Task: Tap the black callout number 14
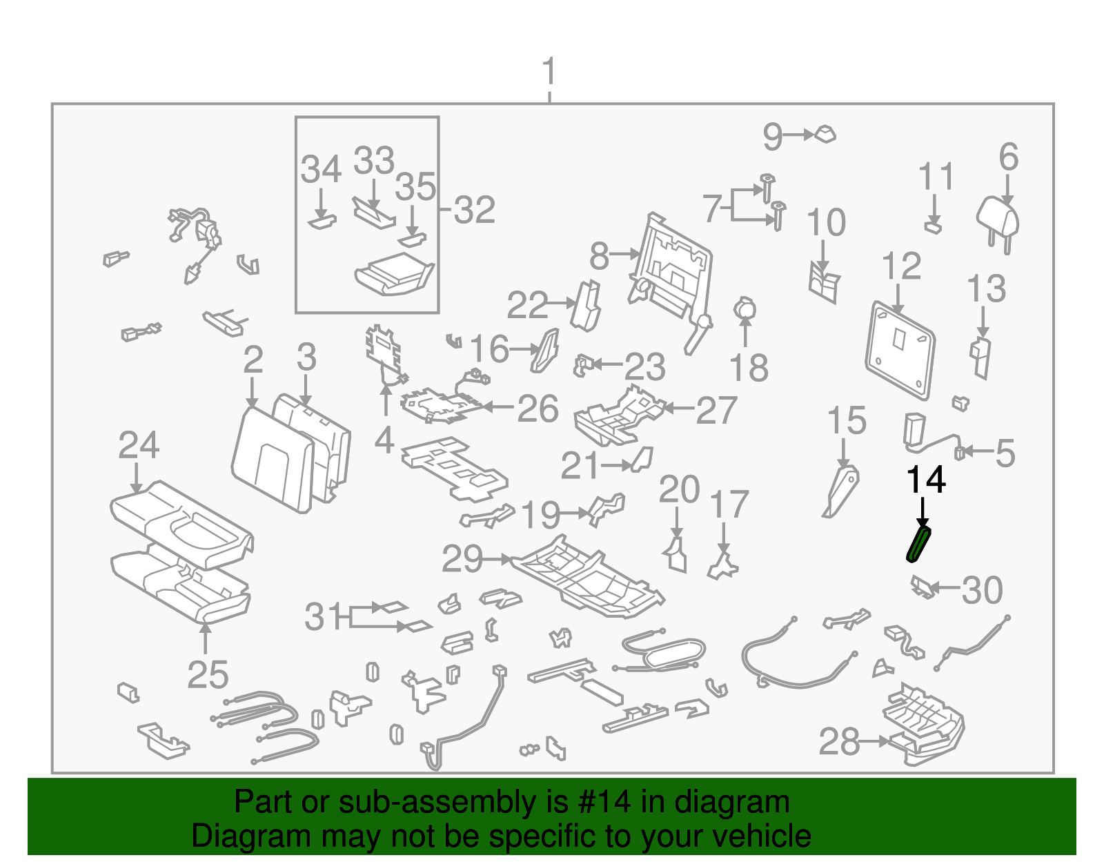click(925, 480)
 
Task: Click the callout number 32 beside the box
click(475, 210)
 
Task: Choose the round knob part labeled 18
click(745, 309)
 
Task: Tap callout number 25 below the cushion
click(208, 674)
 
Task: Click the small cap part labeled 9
click(825, 134)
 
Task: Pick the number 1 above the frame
click(549, 72)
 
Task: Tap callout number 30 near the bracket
click(982, 590)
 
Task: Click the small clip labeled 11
click(933, 226)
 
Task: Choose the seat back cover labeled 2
click(273, 459)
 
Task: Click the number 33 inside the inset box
click(374, 161)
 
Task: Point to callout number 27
click(717, 411)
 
